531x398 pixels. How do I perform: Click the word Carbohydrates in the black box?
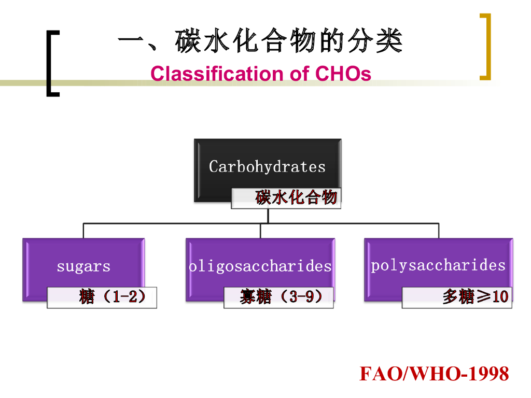267,166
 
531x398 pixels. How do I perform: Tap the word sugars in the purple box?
83,266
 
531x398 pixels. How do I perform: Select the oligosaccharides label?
260,266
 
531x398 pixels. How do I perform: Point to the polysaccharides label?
438,265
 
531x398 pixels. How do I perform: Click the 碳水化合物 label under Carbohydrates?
296,197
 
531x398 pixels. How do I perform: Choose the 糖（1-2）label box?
102,297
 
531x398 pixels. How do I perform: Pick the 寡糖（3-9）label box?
279,297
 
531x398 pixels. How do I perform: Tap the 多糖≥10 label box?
457,297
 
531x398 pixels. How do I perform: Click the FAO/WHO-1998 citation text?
434,374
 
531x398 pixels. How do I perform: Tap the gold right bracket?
485,47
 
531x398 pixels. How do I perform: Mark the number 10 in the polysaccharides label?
500,297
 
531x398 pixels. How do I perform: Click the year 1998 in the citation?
489,374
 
